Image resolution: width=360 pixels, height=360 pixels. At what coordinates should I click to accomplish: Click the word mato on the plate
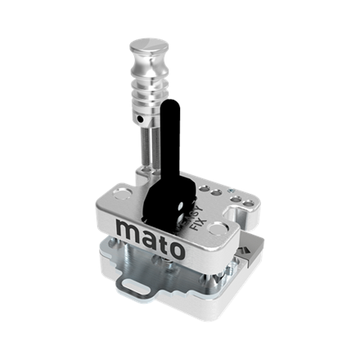click(x=151, y=237)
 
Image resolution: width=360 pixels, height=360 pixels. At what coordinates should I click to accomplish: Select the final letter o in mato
click(x=175, y=248)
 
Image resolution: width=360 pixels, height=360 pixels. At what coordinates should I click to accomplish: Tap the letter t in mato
click(x=161, y=240)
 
